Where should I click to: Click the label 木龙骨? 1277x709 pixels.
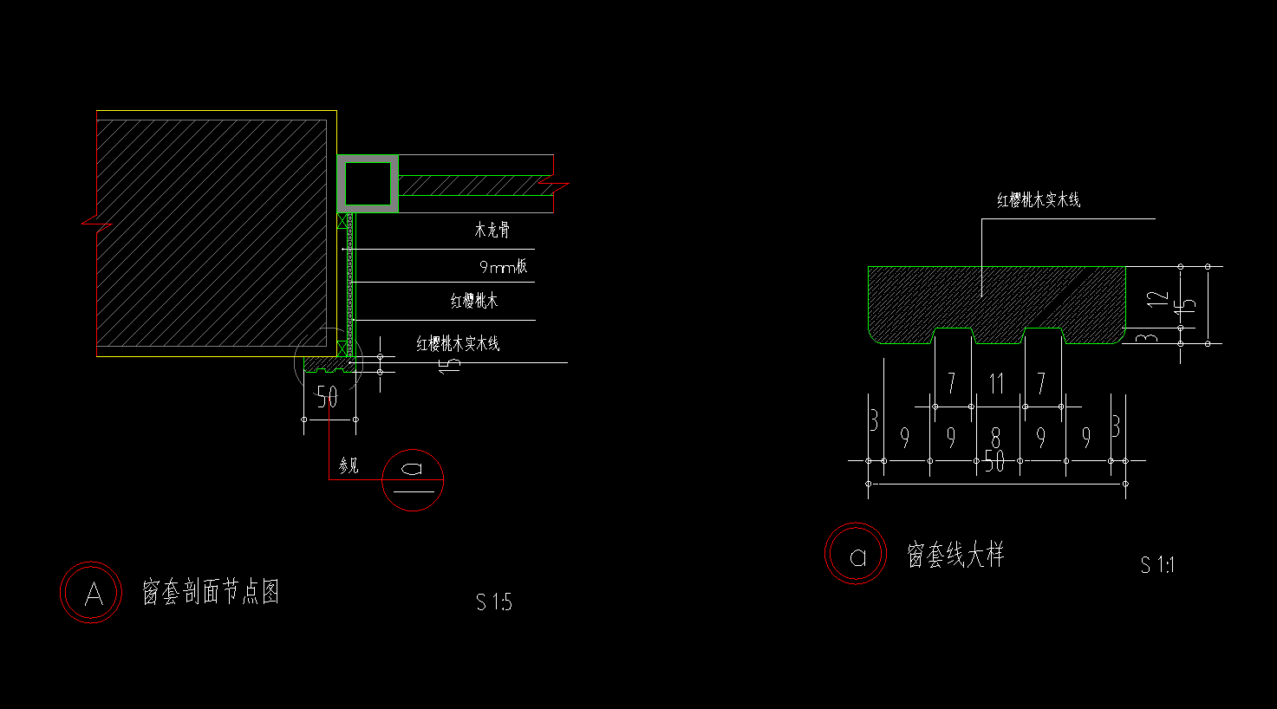pos(492,231)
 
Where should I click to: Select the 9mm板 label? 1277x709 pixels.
pos(503,267)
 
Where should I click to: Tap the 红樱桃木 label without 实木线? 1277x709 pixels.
pos(474,302)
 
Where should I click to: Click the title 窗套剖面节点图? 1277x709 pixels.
pos(211,593)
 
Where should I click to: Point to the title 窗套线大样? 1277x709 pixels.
pos(954,555)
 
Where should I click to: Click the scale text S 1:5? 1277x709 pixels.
pos(493,602)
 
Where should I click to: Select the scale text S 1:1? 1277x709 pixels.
pos(1157,565)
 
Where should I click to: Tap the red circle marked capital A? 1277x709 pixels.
pos(91,593)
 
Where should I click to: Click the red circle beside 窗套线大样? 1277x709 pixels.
pos(856,555)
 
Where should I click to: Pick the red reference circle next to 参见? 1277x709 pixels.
pos(413,479)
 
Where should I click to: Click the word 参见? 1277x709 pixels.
pos(349,466)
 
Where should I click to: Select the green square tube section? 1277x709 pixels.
pos(368,183)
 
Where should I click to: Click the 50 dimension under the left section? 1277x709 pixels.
pos(327,398)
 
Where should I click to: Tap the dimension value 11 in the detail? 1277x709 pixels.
pos(996,383)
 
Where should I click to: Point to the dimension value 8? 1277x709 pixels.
pos(995,439)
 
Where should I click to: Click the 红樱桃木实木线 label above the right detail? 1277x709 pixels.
pos(1039,200)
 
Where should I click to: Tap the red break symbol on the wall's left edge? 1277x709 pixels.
pos(97,224)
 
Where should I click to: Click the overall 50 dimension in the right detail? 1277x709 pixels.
pos(994,462)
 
